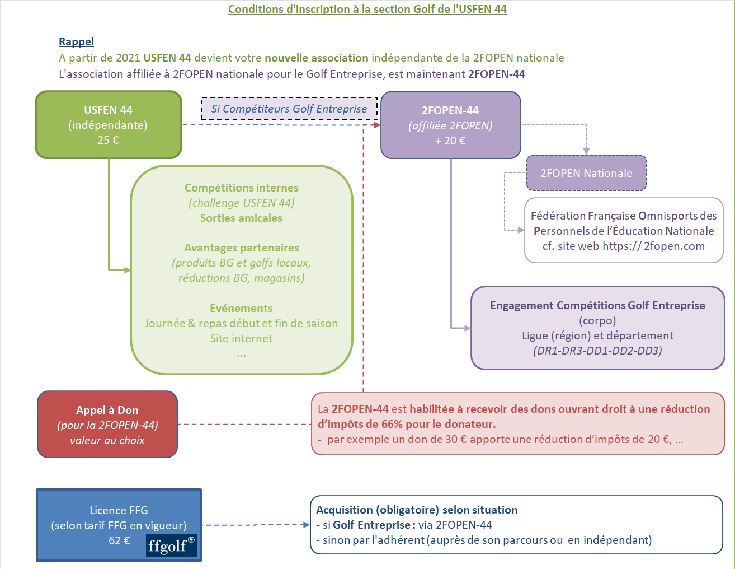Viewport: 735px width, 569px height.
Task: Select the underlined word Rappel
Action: click(76, 41)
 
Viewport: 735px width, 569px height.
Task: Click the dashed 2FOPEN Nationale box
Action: click(586, 173)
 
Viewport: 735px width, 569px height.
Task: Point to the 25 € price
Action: click(108, 140)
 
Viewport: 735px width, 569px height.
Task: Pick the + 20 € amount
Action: click(450, 141)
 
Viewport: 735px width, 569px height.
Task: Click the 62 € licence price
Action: click(119, 540)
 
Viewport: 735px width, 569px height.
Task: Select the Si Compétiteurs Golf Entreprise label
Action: click(289, 109)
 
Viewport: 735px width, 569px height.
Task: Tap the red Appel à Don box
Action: click(107, 424)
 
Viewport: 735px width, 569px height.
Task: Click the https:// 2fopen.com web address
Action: click(653, 246)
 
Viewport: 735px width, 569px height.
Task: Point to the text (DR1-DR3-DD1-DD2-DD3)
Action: click(597, 351)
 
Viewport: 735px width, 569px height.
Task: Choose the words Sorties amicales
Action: click(241, 218)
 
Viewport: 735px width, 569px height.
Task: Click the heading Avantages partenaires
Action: click(241, 248)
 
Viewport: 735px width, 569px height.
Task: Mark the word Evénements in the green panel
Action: click(241, 308)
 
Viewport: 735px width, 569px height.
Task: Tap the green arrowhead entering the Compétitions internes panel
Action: click(128, 270)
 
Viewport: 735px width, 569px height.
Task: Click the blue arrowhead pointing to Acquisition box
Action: click(306, 525)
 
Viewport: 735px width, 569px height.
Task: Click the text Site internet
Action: click(241, 338)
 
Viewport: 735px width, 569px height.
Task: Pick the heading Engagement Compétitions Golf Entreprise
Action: click(597, 305)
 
